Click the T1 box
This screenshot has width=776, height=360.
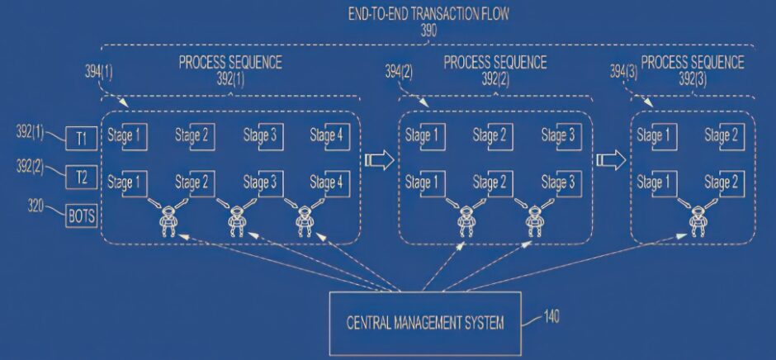pos(82,138)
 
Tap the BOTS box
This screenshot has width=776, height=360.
pos(82,216)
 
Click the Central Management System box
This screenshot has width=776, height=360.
pos(425,324)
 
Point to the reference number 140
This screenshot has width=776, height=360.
pos(551,316)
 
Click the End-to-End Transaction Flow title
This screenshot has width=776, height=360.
pos(428,14)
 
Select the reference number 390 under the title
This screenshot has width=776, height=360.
pos(428,31)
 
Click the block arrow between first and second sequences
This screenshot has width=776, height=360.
pos(379,160)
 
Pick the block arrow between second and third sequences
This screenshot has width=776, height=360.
pos(611,160)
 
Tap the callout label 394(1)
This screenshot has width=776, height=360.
pos(98,73)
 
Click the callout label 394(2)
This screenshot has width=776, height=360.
pos(399,73)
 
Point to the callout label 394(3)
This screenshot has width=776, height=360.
pos(623,73)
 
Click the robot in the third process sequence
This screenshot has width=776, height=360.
pos(698,220)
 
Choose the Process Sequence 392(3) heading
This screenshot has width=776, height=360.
pos(693,70)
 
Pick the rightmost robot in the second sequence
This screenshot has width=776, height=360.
pos(533,220)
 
